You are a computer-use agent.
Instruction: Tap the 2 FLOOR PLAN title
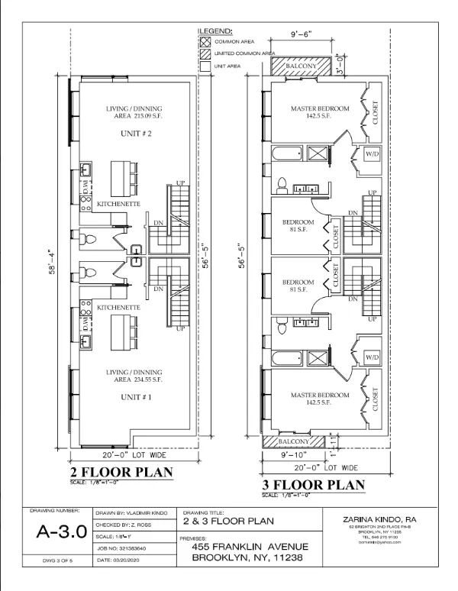pyautogui.click(x=122, y=471)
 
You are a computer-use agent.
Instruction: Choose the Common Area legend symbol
pyautogui.click(x=205, y=41)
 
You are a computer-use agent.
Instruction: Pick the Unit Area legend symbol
pyautogui.click(x=205, y=66)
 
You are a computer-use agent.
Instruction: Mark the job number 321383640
pyautogui.click(x=127, y=547)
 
